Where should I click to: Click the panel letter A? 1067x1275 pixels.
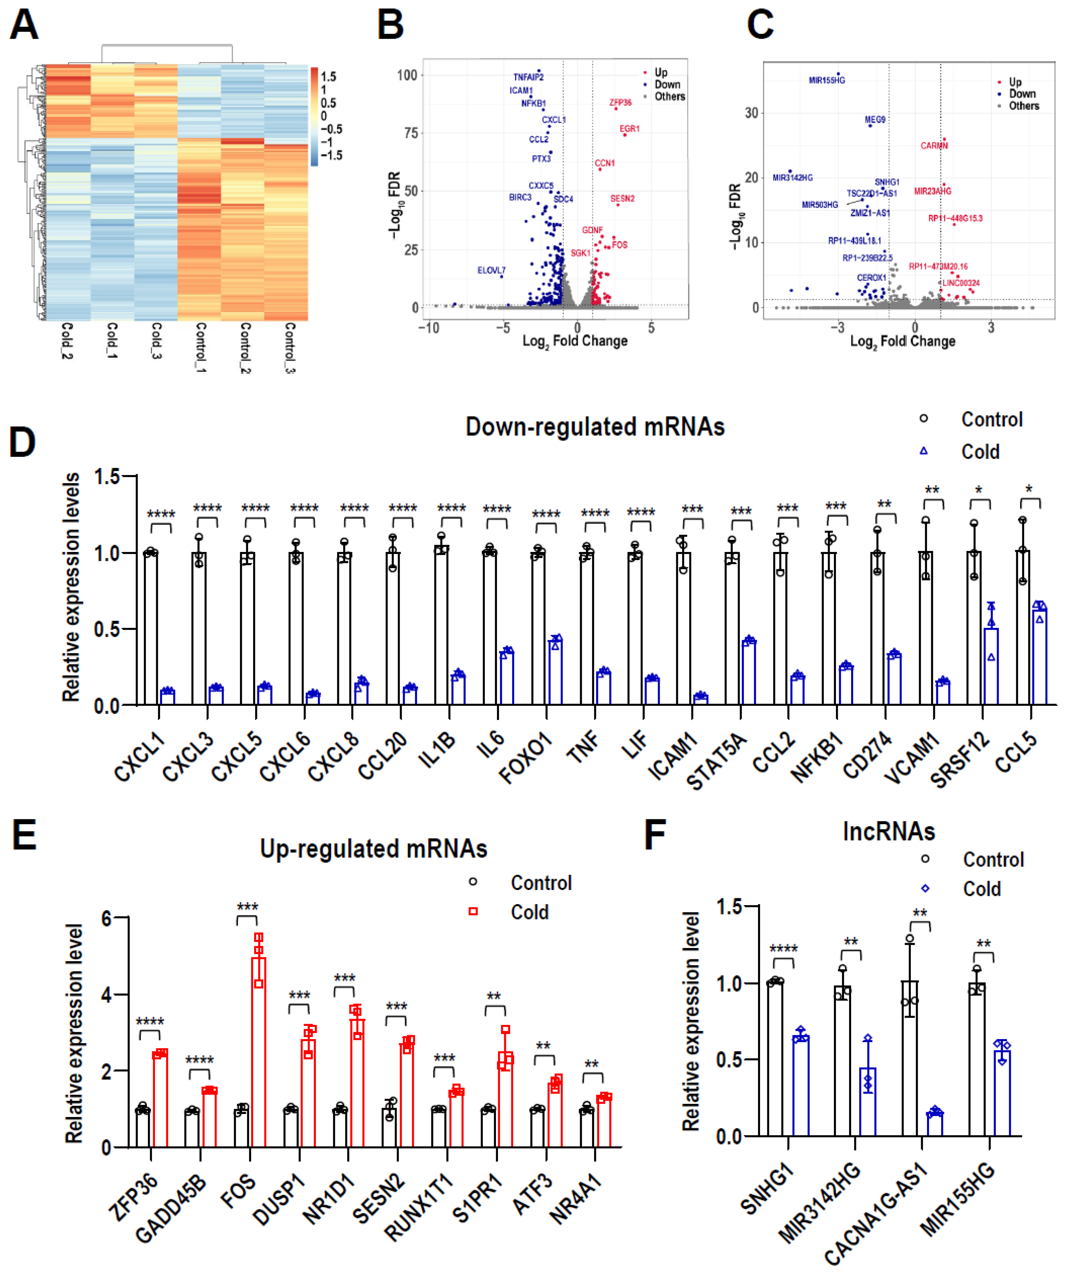(24, 26)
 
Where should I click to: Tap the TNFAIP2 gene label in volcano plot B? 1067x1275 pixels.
(528, 77)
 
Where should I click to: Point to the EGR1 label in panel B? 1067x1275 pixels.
(629, 129)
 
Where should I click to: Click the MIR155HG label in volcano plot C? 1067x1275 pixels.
(827, 80)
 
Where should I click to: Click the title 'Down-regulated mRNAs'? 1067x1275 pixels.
(595, 427)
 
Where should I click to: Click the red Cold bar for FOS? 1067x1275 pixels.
(259, 1051)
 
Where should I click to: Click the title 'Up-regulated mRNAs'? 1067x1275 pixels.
(373, 849)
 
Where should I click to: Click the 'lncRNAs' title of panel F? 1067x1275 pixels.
(889, 831)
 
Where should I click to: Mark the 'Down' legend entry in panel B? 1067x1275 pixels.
(667, 85)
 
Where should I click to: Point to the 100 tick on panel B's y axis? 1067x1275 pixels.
(407, 75)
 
